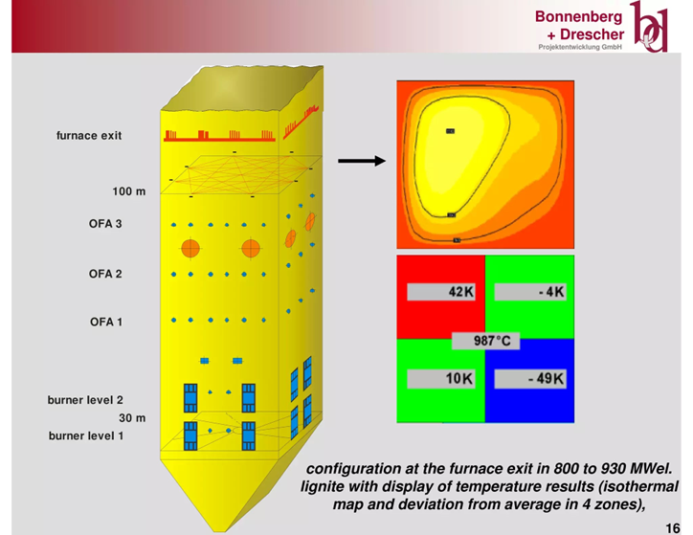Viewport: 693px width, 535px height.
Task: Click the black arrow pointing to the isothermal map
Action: (x=362, y=161)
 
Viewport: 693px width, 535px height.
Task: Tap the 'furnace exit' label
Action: (x=89, y=136)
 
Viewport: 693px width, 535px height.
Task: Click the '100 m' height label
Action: (x=128, y=191)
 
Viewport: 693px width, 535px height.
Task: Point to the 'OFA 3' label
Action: (x=105, y=224)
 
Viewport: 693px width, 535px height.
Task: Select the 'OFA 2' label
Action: (x=105, y=274)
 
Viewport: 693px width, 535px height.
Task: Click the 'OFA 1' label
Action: (x=106, y=322)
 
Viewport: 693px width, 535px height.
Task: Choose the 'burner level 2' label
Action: (x=85, y=400)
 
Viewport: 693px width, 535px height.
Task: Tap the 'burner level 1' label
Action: (x=86, y=435)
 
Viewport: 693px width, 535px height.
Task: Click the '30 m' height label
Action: (x=132, y=418)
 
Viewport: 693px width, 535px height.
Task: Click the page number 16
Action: (x=673, y=528)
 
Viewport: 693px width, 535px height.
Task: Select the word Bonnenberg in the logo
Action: (x=578, y=17)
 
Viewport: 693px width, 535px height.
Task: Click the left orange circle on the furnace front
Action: (x=190, y=249)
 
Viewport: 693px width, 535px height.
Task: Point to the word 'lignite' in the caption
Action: (x=324, y=486)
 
